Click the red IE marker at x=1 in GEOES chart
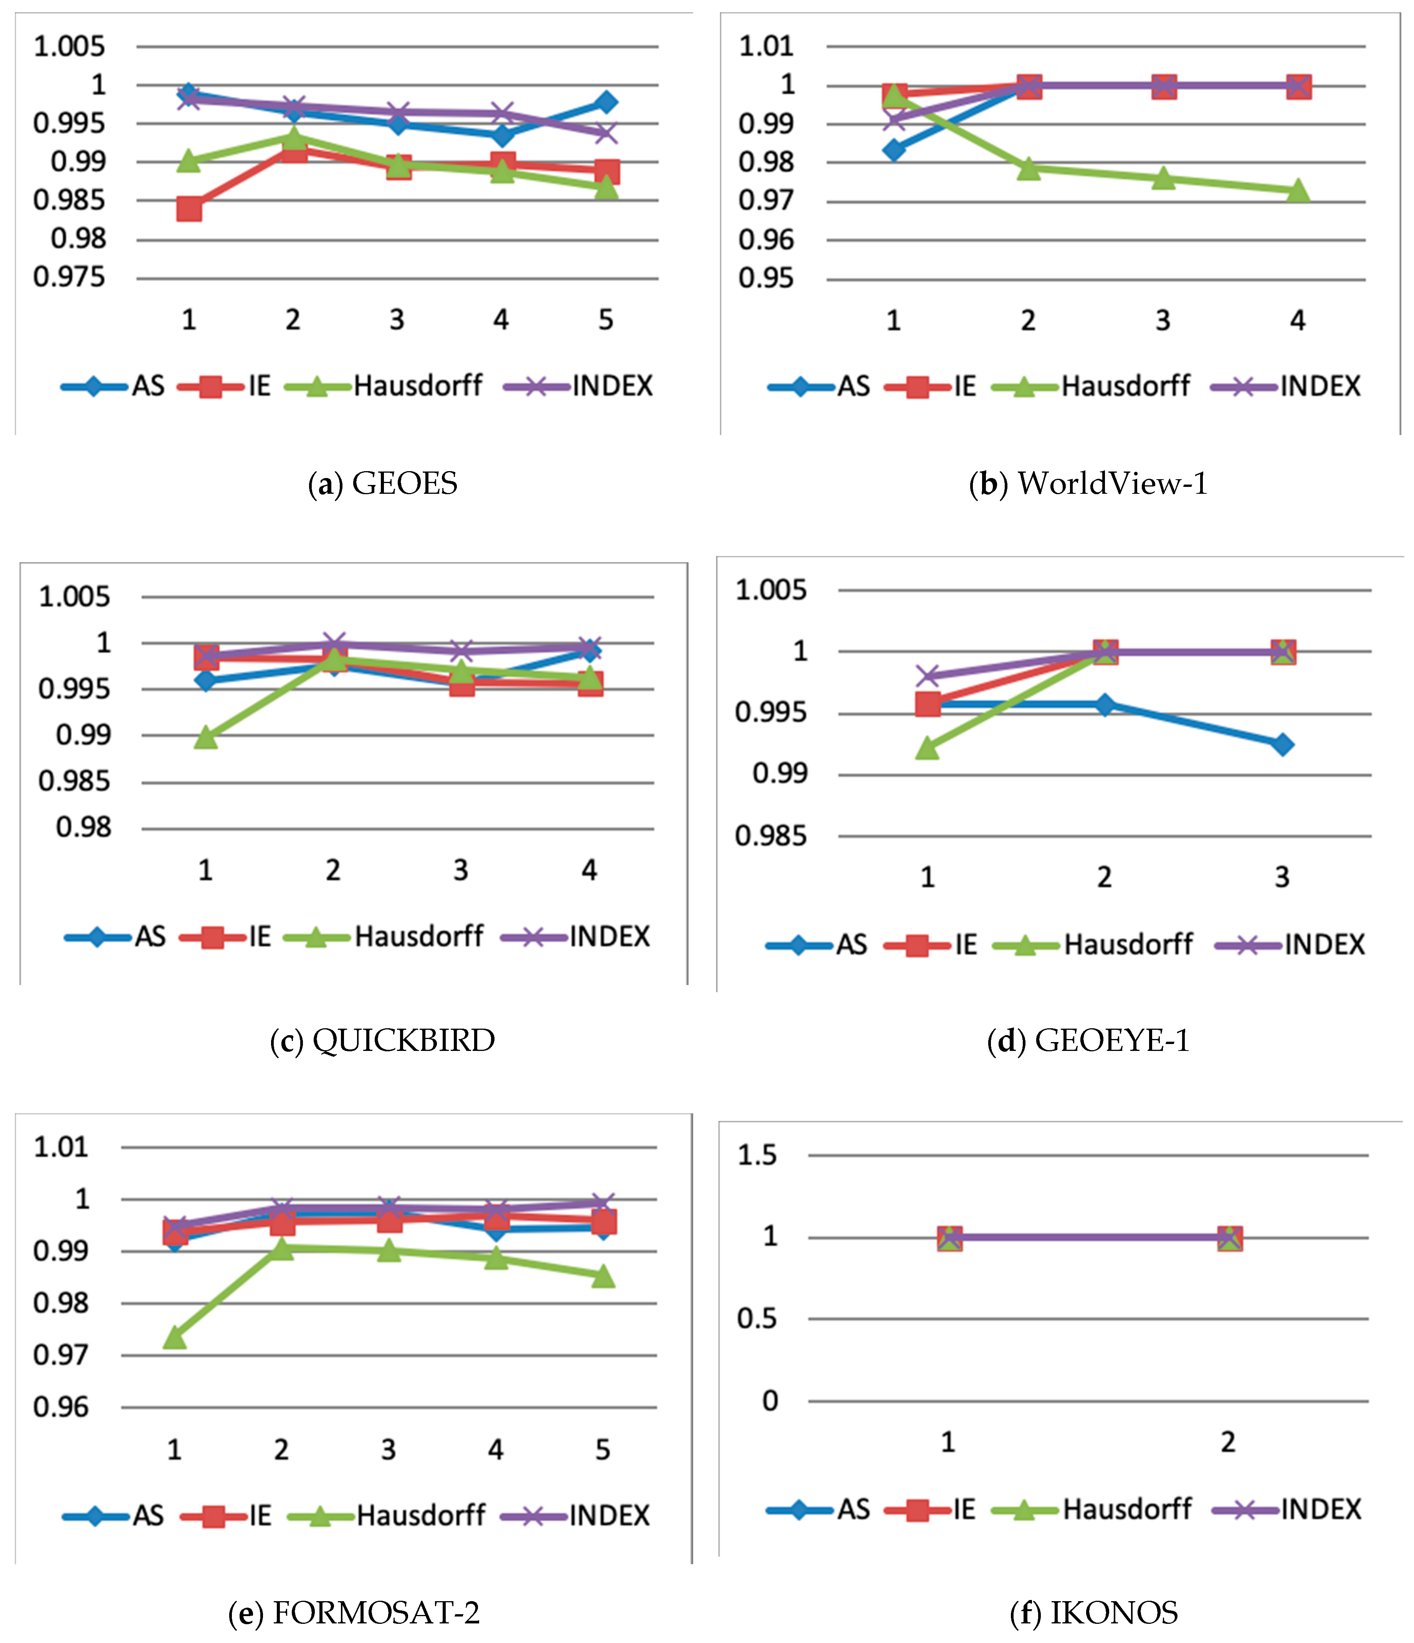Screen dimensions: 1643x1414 click(x=189, y=209)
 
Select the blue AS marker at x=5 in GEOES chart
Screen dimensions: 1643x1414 click(x=606, y=102)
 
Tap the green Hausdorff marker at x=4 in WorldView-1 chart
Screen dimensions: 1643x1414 click(x=1297, y=190)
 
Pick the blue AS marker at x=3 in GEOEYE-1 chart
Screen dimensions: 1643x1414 click(x=1282, y=744)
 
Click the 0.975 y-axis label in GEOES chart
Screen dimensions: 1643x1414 click(x=69, y=277)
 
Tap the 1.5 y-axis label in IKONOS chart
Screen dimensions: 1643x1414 click(x=757, y=1155)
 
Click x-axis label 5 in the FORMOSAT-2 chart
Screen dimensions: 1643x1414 click(x=603, y=1450)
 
